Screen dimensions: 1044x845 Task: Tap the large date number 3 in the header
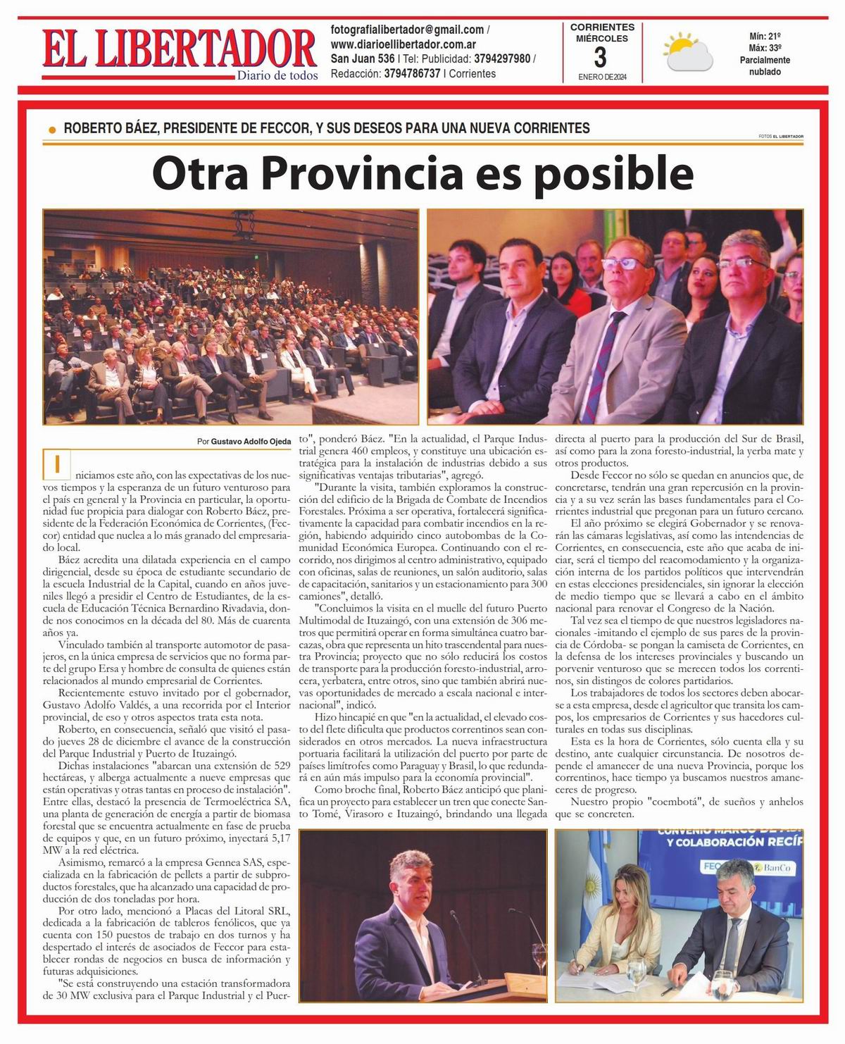[601, 56]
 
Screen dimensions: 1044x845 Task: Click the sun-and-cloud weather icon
[687, 51]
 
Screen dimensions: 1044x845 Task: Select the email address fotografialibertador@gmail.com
[407, 30]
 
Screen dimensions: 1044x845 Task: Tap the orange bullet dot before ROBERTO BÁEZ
[52, 130]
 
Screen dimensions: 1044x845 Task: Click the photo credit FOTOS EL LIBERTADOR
[781, 136]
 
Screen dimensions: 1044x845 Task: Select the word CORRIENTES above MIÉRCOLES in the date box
[601, 27]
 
